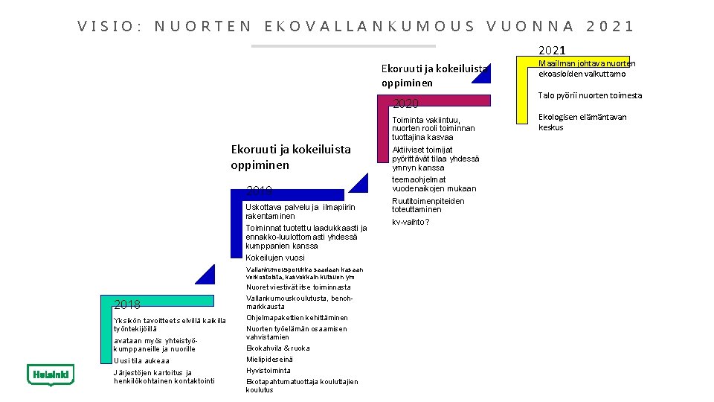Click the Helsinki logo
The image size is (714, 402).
click(x=50, y=375)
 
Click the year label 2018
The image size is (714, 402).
click(x=127, y=304)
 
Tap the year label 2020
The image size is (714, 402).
click(x=406, y=103)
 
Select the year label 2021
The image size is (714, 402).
click(x=551, y=51)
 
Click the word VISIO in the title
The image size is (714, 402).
click(x=109, y=27)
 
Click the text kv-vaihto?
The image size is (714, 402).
click(x=411, y=222)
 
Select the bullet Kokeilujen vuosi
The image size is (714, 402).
click(x=274, y=258)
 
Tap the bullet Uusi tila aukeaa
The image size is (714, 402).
click(x=141, y=360)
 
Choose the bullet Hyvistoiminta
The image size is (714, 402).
click(x=268, y=370)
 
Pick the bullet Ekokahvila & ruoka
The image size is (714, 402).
click(x=277, y=348)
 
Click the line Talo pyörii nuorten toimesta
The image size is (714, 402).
click(x=590, y=95)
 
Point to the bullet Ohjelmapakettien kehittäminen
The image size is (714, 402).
click(x=297, y=318)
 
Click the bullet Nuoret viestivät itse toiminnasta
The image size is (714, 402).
click(x=298, y=287)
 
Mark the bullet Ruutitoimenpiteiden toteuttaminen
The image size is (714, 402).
click(x=428, y=205)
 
